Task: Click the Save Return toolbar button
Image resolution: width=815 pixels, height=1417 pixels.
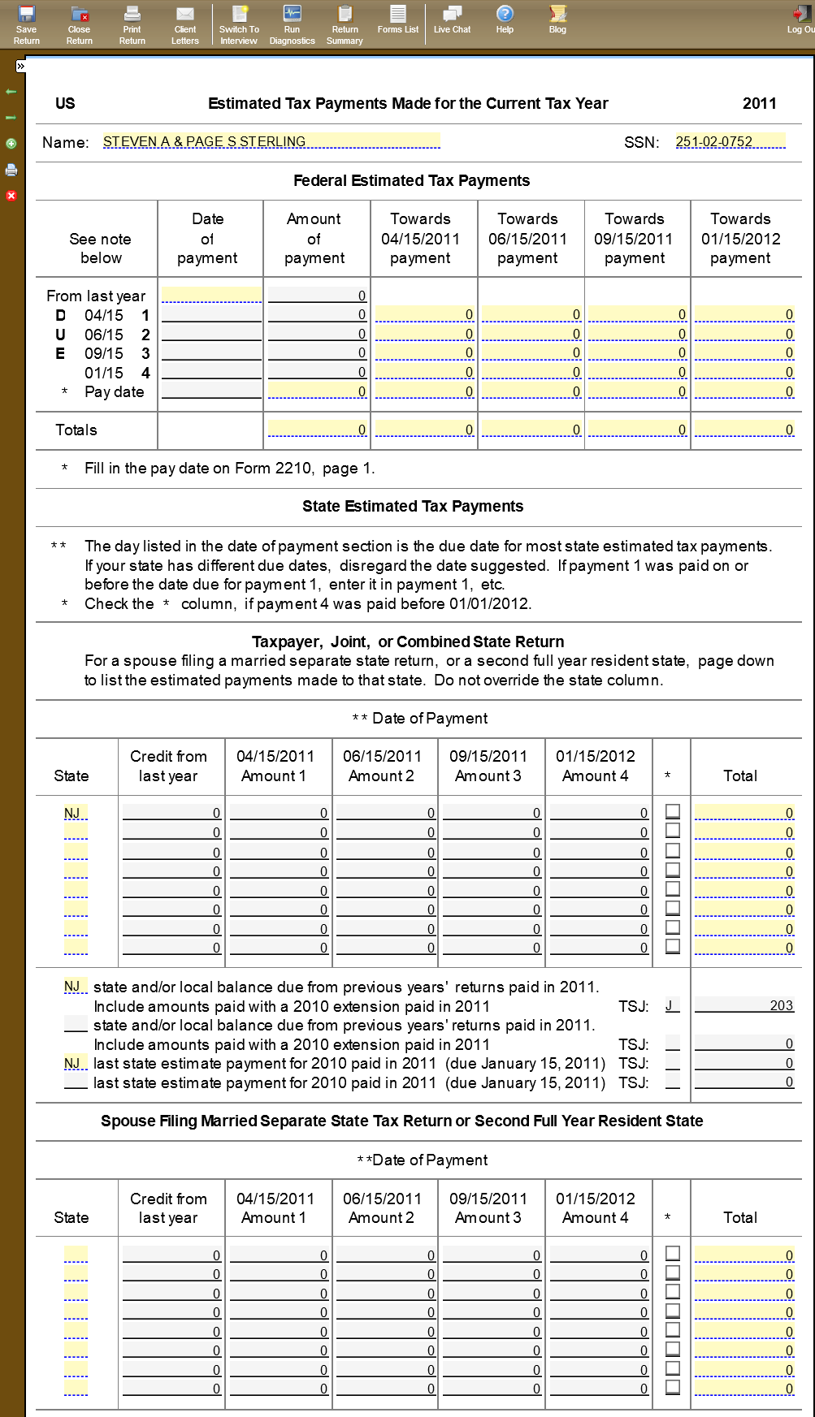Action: [x=26, y=24]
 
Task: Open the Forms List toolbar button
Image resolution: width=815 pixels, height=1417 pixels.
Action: [x=397, y=19]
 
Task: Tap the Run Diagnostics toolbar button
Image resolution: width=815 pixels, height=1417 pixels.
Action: [x=292, y=24]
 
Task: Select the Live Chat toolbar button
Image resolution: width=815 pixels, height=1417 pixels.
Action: [x=452, y=19]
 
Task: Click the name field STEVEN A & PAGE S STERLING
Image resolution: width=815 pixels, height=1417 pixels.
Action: [x=271, y=141]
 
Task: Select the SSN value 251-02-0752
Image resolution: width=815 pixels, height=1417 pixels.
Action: [x=730, y=141]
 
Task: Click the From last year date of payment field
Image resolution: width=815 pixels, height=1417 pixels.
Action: [x=211, y=295]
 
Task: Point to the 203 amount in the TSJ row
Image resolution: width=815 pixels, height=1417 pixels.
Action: [x=781, y=1005]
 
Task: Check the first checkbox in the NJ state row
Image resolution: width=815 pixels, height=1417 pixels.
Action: [x=673, y=811]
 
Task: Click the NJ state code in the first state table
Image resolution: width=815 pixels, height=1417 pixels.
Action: [x=73, y=813]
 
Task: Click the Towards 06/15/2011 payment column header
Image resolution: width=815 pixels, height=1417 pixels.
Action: [x=527, y=238]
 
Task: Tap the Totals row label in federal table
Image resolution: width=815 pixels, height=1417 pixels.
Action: [x=76, y=430]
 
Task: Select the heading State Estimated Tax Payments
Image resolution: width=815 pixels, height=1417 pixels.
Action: [x=413, y=506]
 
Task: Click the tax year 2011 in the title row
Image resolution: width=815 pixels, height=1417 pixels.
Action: [x=759, y=103]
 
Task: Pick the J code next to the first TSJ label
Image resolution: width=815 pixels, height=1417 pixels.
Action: [x=670, y=1005]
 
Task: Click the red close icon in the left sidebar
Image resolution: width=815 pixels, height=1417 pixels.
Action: [x=11, y=196]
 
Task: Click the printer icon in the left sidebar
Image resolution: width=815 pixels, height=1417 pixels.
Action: [x=11, y=170]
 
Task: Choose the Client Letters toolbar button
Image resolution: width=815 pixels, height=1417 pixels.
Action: [x=185, y=24]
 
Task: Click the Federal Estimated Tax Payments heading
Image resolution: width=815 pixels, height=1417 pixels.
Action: [x=411, y=180]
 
